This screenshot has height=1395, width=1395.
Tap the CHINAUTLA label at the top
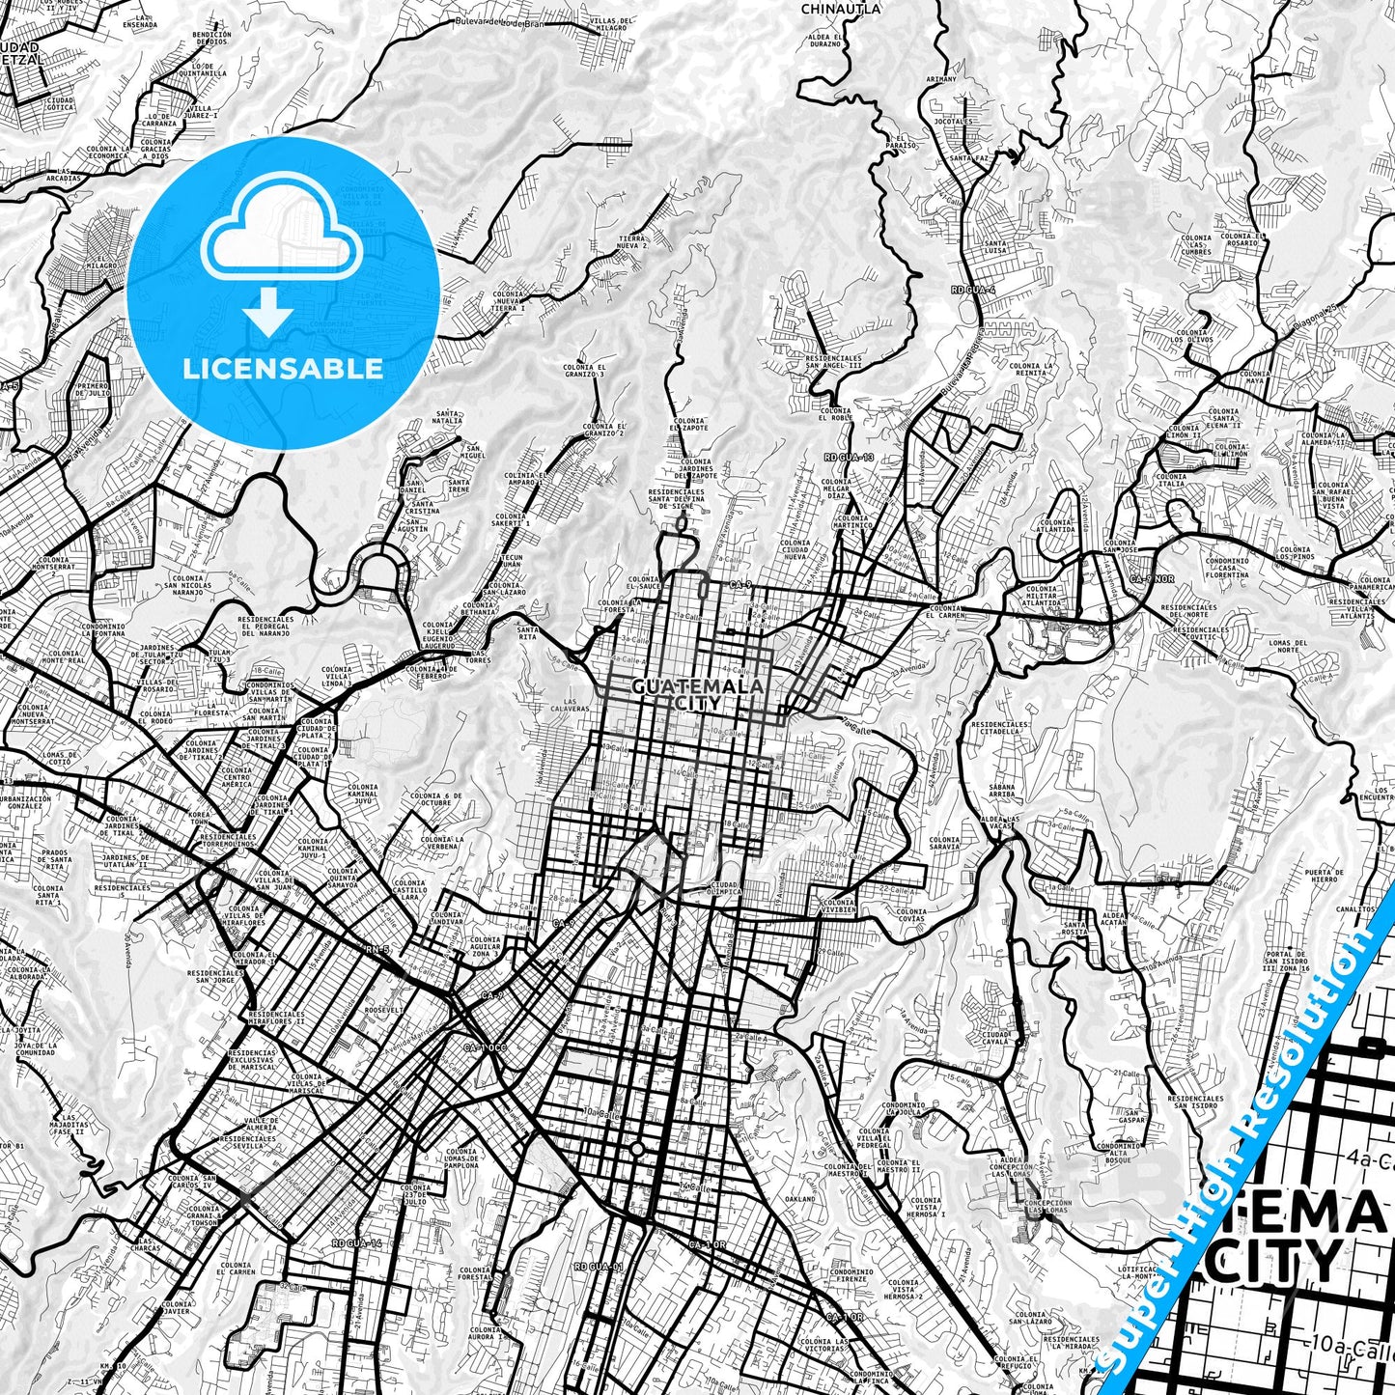click(x=841, y=9)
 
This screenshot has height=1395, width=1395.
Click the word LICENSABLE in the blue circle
click(x=284, y=368)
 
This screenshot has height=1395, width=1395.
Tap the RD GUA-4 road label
click(x=972, y=290)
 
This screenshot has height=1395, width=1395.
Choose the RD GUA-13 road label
click(x=849, y=457)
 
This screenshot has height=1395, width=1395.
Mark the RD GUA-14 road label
click(x=356, y=1243)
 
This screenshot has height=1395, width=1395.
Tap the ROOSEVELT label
click(x=382, y=1009)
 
